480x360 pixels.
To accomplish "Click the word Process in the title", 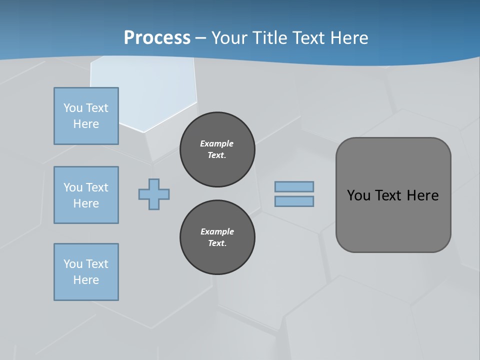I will pyautogui.click(x=157, y=38).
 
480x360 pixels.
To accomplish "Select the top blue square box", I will pyautogui.click(x=86, y=116).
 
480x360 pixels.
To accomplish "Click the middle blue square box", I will pyautogui.click(x=86, y=195).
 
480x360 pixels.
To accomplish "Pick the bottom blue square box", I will pyautogui.click(x=86, y=272).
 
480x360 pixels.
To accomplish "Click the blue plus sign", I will pyautogui.click(x=154, y=194).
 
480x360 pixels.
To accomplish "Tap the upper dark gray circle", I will pyautogui.click(x=217, y=149).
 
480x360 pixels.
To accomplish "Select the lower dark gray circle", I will pyautogui.click(x=217, y=237).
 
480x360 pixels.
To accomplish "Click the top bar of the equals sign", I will pyautogui.click(x=294, y=187).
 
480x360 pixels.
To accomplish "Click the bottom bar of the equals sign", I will pyautogui.click(x=294, y=201).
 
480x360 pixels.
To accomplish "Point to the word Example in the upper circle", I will pyautogui.click(x=217, y=143).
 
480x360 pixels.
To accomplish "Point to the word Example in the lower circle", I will pyautogui.click(x=217, y=231).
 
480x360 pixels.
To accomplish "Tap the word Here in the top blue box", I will pyautogui.click(x=86, y=124).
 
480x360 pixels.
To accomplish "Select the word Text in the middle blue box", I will pyautogui.click(x=97, y=187).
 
